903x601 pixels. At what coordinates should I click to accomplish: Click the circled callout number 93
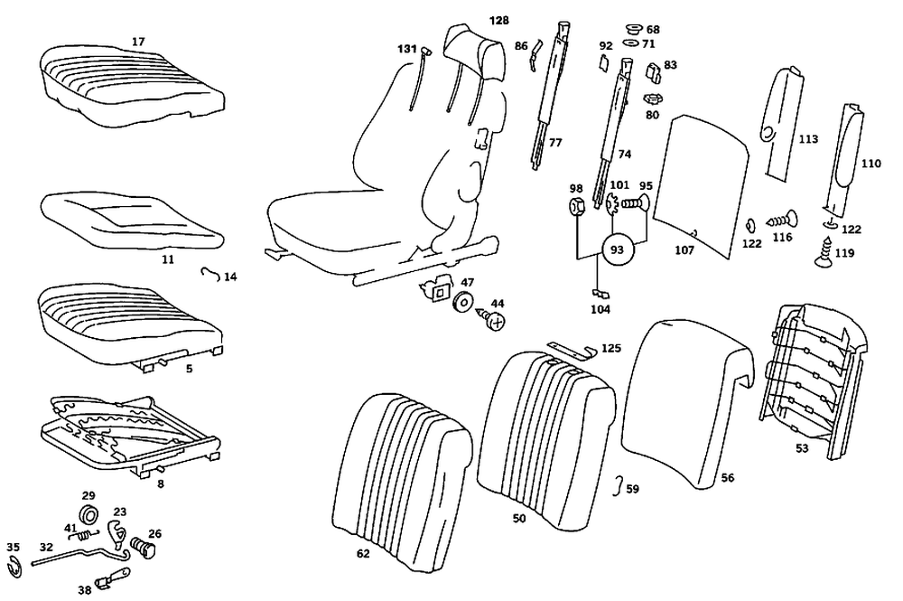point(618,248)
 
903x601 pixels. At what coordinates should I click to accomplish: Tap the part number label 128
point(499,20)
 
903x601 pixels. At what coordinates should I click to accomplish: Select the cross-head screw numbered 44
point(494,319)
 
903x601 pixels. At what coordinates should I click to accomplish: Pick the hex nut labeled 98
point(576,207)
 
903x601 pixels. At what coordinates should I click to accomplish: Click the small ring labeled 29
point(88,516)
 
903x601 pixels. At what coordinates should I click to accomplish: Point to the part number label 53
point(802,446)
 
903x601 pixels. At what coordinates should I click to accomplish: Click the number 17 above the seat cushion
point(138,41)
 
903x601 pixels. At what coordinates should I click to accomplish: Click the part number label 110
point(870,164)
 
